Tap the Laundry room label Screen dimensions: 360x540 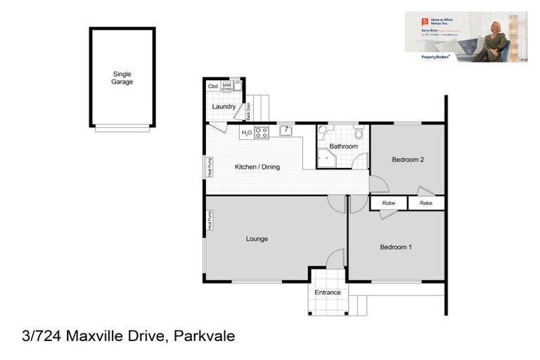(224, 107)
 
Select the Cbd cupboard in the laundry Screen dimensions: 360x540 (213, 86)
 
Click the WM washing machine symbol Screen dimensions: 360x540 (227, 86)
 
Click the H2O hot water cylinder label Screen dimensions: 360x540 (247, 132)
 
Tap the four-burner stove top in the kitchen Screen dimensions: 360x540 (262, 132)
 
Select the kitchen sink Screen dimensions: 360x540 (286, 131)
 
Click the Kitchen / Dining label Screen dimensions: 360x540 (257, 167)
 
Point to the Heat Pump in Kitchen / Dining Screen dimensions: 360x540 (209, 167)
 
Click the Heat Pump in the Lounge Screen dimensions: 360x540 (209, 221)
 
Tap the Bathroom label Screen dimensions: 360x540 (344, 146)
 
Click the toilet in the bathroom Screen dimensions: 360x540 (358, 132)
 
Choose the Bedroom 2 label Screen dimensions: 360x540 (408, 160)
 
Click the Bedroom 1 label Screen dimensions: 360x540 (396, 247)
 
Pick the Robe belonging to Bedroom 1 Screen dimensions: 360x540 (389, 203)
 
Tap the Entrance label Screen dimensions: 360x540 (328, 292)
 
